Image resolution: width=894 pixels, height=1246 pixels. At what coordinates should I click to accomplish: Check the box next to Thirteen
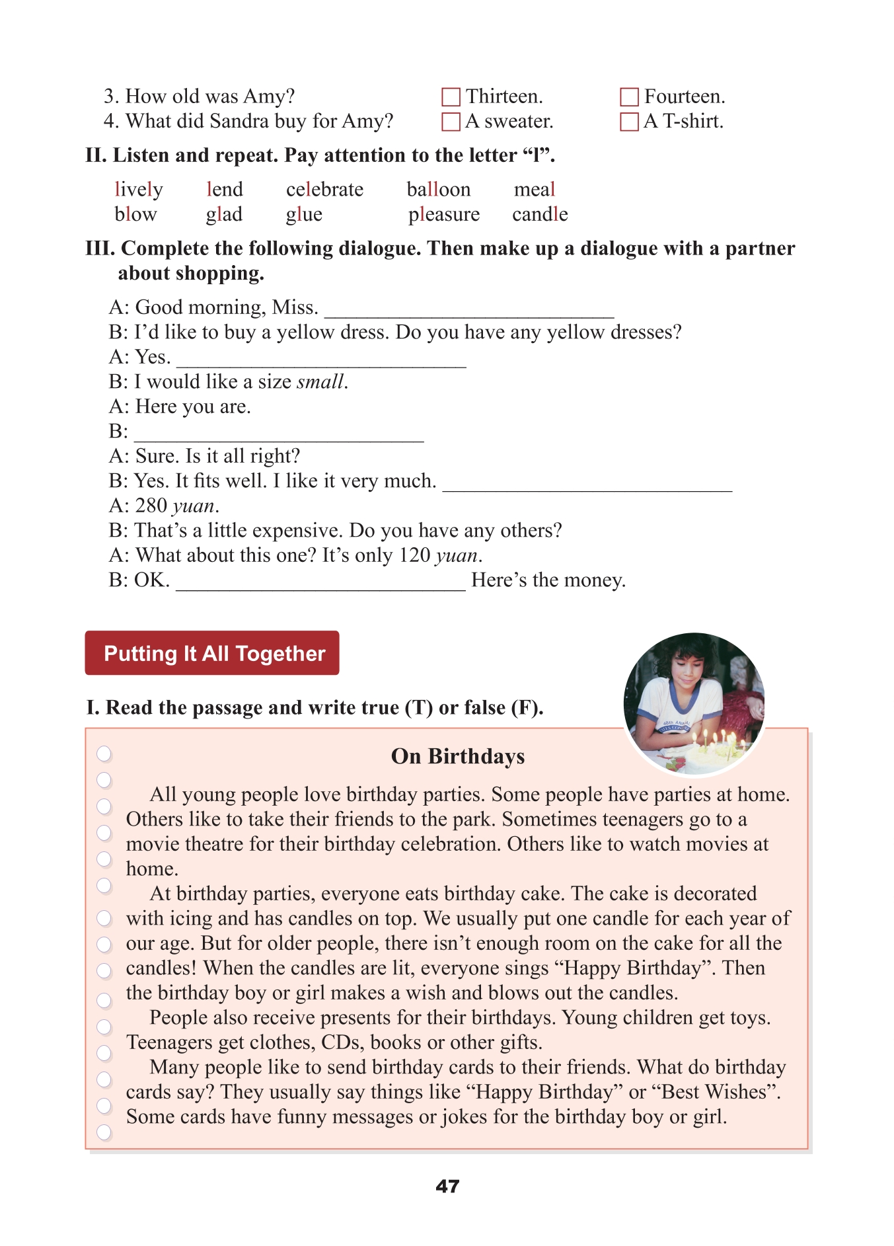pyautogui.click(x=451, y=97)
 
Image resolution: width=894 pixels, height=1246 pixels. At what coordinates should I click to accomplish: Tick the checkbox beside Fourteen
pyautogui.click(x=629, y=97)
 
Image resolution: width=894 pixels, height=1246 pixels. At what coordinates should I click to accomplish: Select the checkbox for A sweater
pyautogui.click(x=451, y=122)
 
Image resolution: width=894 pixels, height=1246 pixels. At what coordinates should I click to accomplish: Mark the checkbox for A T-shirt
pyautogui.click(x=629, y=122)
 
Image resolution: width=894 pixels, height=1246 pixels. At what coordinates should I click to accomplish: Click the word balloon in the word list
pyautogui.click(x=438, y=190)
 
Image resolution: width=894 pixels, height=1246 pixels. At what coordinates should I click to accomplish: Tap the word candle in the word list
pyautogui.click(x=539, y=214)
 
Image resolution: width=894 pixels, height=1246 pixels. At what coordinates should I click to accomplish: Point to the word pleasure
pyautogui.click(x=443, y=215)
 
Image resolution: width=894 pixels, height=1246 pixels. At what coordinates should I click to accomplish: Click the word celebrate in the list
pyautogui.click(x=324, y=190)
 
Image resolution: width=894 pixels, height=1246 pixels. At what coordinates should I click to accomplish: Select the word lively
pyautogui.click(x=138, y=190)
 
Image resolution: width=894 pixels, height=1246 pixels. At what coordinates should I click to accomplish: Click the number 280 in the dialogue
pyautogui.click(x=151, y=506)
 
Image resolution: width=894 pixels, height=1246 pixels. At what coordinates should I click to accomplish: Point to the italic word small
pyautogui.click(x=320, y=382)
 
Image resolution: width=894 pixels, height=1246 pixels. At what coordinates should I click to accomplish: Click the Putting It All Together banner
pyautogui.click(x=212, y=653)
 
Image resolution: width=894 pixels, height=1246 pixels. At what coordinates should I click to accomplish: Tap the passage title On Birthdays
pyautogui.click(x=457, y=756)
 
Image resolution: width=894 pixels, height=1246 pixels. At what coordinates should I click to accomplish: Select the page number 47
pyautogui.click(x=447, y=1187)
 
